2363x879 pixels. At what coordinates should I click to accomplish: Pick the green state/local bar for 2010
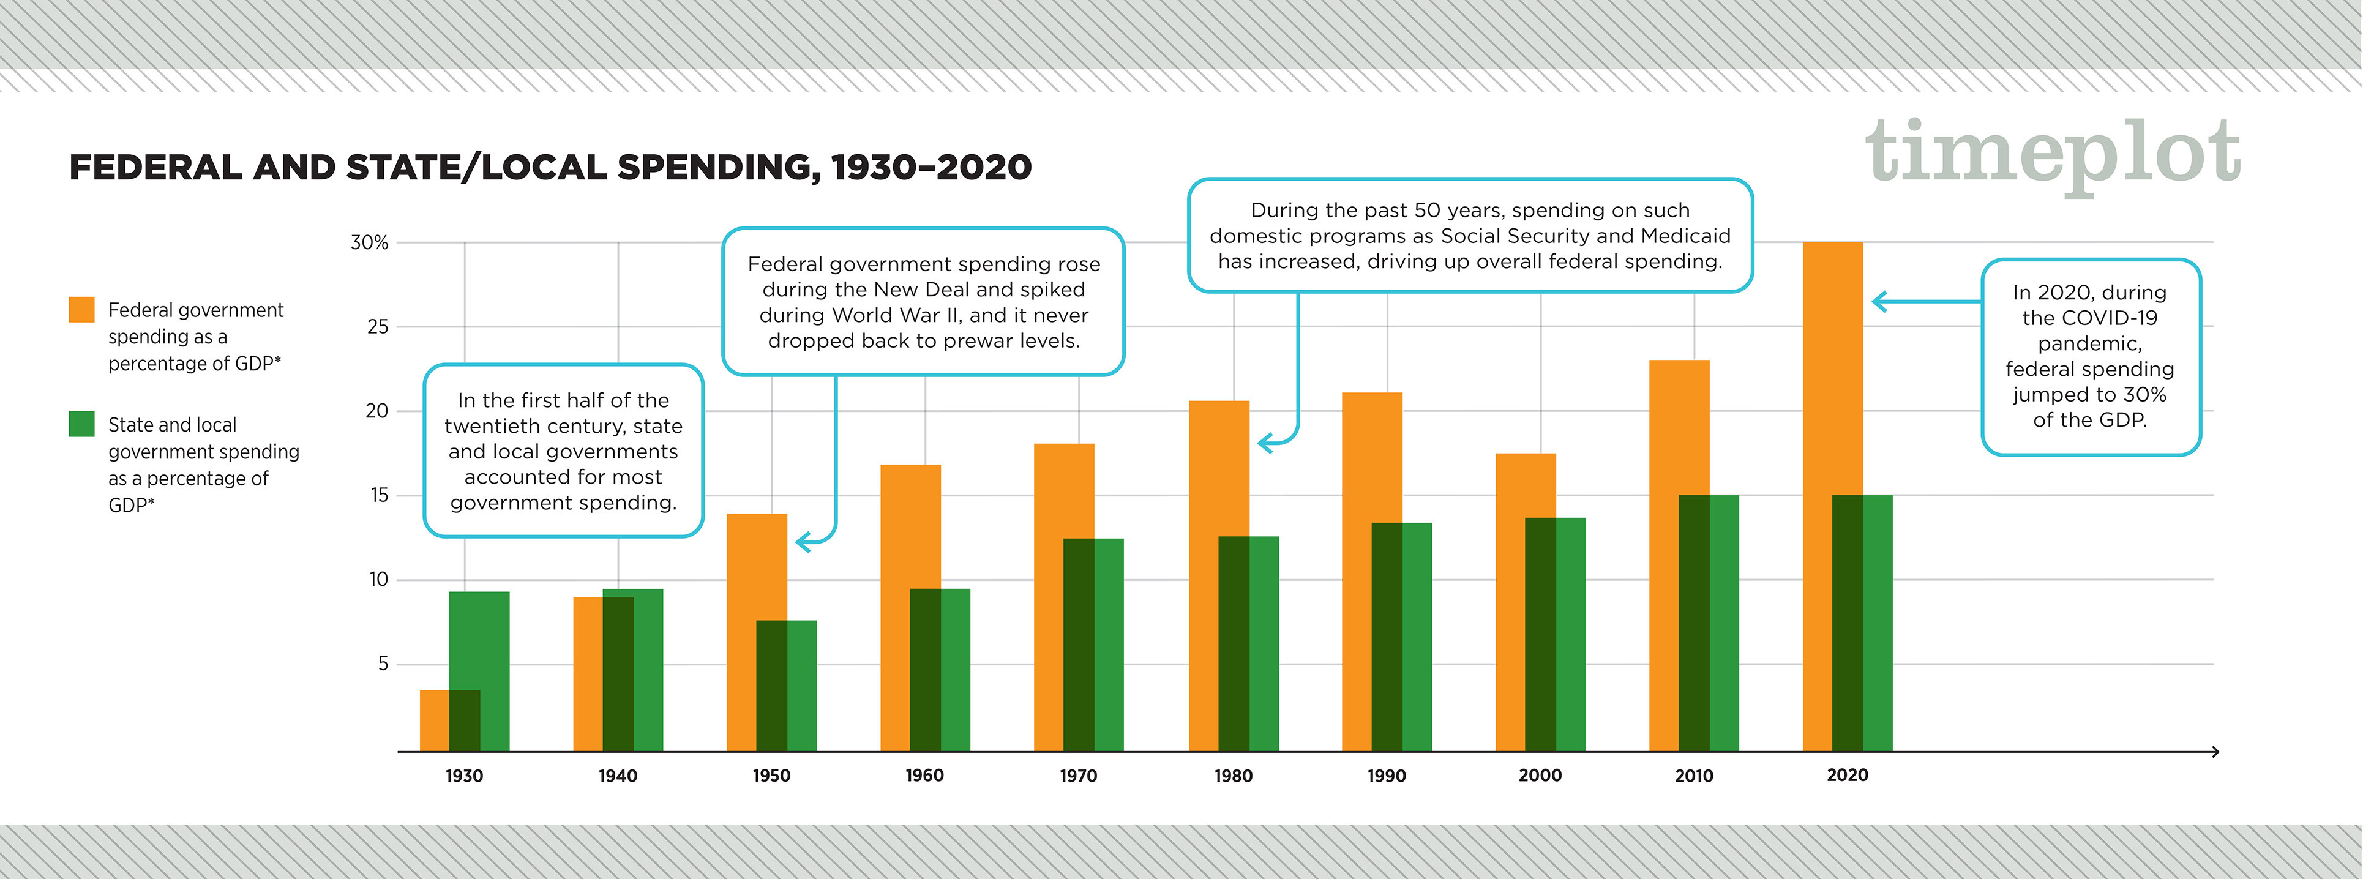[x=1724, y=624]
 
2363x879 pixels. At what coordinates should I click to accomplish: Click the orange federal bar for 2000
[x=1511, y=486]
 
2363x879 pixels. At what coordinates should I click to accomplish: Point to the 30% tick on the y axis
[x=370, y=242]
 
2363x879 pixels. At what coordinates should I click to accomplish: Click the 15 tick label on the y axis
[x=379, y=495]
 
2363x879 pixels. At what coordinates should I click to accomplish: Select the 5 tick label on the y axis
[x=383, y=664]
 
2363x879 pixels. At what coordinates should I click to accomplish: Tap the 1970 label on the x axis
[x=1078, y=776]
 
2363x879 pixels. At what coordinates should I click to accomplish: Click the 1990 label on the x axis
[x=1386, y=776]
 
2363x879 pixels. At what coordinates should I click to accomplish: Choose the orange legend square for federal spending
[x=81, y=309]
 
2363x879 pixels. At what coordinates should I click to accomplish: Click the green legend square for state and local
[x=81, y=424]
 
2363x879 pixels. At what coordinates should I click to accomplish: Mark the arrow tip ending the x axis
[x=2215, y=752]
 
